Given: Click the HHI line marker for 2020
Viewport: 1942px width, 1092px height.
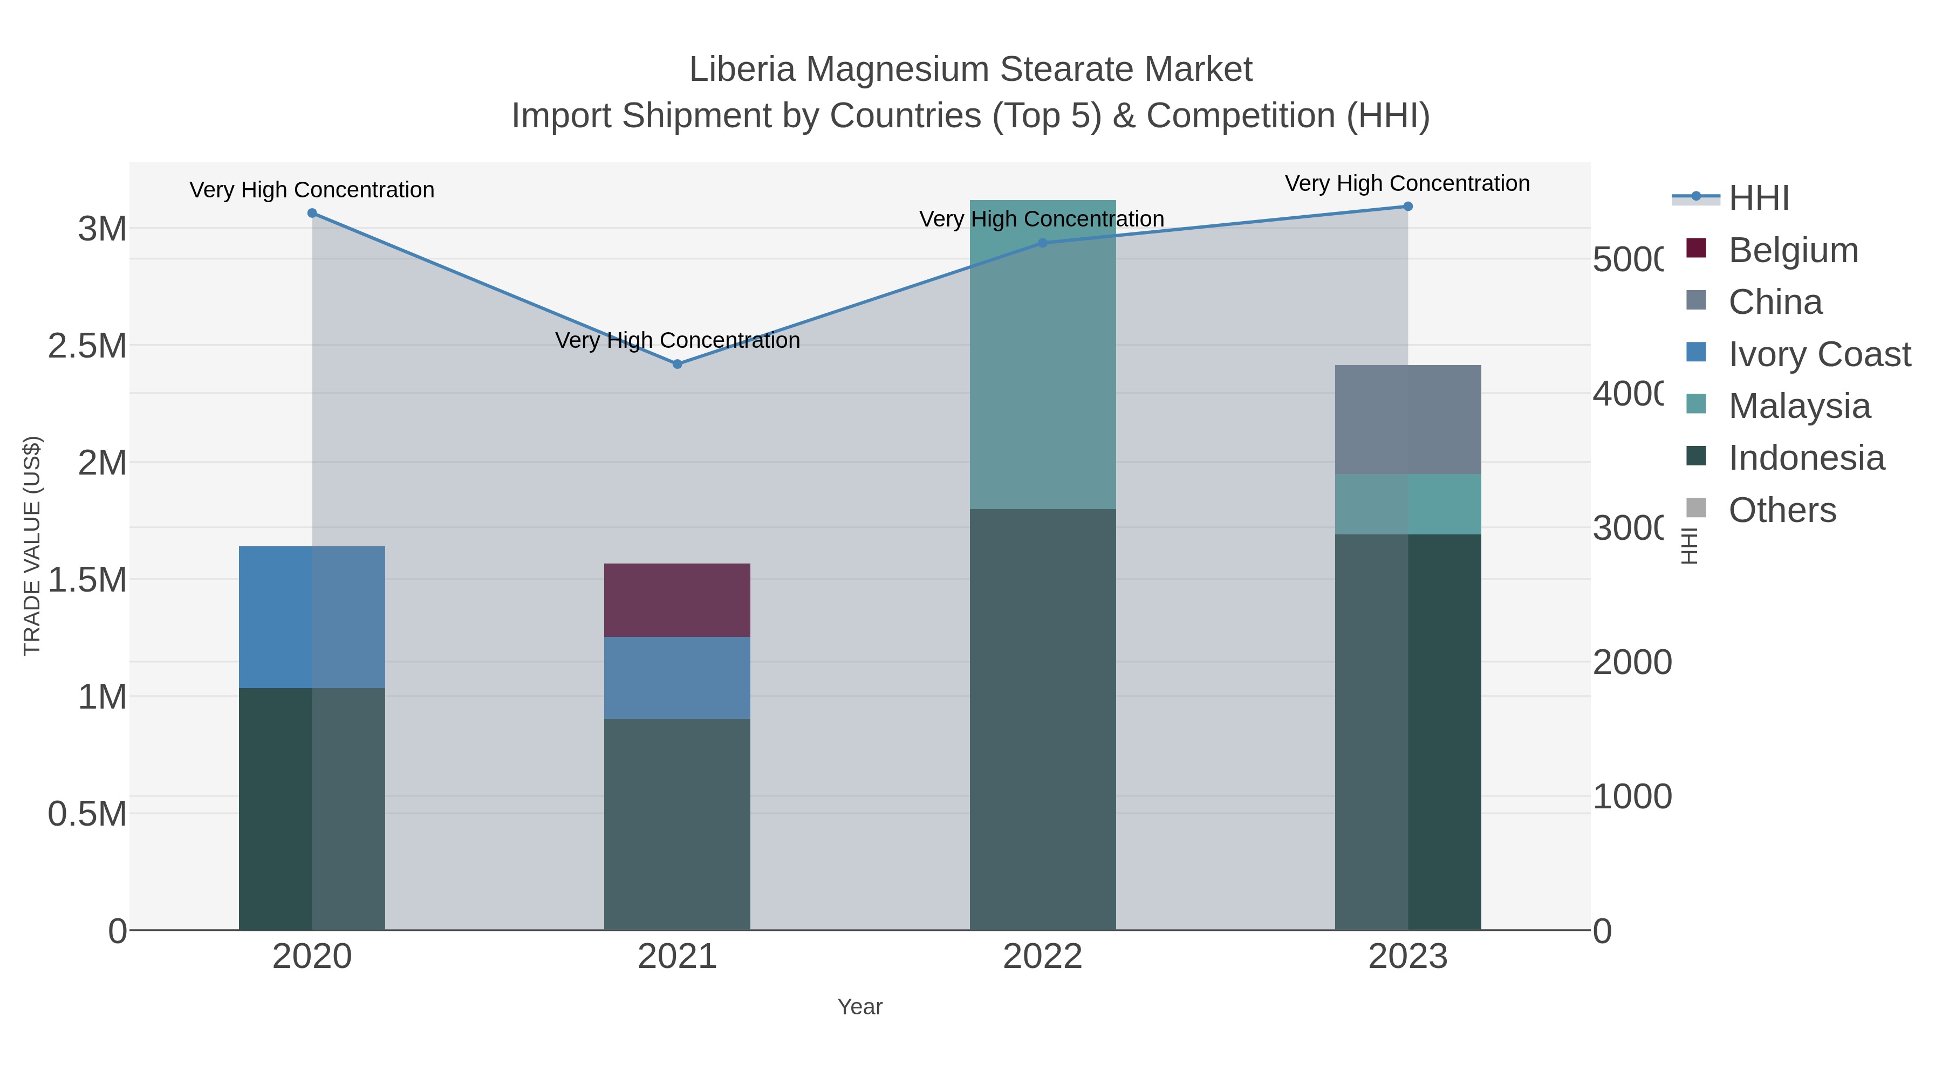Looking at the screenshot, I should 312,213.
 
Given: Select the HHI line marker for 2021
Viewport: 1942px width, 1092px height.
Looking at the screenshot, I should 677,364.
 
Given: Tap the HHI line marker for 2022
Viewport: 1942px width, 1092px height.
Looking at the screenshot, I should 1043,243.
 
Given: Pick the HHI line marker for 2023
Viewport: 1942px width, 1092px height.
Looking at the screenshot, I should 1407,207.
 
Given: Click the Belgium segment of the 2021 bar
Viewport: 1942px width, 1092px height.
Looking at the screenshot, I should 677,600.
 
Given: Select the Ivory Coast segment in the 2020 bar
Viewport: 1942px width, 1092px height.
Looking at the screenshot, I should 312,616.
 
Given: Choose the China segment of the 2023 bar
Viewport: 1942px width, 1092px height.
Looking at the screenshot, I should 1407,420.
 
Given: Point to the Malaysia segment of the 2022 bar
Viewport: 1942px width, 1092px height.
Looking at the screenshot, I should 1043,354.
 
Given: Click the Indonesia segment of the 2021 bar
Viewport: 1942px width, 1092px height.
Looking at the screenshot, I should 677,823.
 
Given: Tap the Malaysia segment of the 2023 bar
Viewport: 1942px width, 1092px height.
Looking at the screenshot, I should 1407,504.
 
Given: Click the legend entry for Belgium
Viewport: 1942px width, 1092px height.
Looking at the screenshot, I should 1793,250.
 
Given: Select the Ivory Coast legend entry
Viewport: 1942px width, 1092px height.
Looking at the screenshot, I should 1819,354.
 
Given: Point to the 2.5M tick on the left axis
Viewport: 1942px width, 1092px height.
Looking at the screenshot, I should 87,346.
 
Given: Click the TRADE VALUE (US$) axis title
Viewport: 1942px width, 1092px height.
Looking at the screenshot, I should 32,546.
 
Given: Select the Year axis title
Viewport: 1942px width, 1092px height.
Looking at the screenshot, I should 859,1007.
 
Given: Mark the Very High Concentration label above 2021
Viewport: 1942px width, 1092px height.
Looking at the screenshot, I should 677,341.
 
